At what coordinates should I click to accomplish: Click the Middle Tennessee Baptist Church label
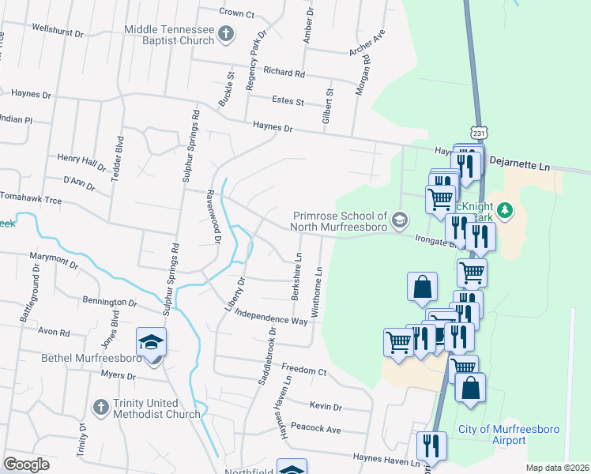[x=168, y=35]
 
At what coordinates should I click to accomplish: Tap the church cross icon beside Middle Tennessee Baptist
[x=226, y=34]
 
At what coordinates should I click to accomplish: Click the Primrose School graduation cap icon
[x=400, y=219]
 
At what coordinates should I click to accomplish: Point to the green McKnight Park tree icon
[x=506, y=210]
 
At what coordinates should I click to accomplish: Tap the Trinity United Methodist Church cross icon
[x=100, y=407]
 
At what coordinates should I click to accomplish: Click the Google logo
[x=26, y=465]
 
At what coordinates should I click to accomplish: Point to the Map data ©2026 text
[x=557, y=468]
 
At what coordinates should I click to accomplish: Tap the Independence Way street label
[x=271, y=317]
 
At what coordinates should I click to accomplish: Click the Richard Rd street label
[x=284, y=73]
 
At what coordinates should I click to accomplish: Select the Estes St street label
[x=288, y=101]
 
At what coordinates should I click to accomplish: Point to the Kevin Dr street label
[x=326, y=406]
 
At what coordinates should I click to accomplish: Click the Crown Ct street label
[x=237, y=13]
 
